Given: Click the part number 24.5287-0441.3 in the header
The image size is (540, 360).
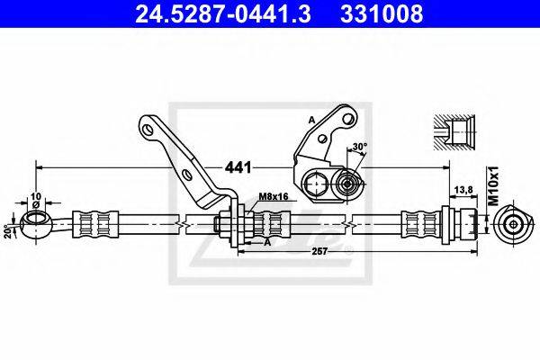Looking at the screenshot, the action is point(223,13).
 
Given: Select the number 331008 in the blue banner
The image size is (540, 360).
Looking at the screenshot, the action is point(382,13).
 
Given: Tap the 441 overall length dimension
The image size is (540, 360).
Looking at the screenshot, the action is point(238,167).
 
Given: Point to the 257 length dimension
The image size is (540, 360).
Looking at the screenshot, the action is point(319,251).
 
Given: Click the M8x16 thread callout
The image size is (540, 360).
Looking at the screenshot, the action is point(273,197).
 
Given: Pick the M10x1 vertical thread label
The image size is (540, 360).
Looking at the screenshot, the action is point(494,186).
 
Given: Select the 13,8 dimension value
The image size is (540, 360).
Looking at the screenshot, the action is point(463,190).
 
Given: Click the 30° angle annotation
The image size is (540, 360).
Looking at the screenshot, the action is point(360,147).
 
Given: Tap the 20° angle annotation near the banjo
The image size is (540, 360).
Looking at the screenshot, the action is point(7,232).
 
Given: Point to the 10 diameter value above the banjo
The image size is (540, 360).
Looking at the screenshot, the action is point(36,196).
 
